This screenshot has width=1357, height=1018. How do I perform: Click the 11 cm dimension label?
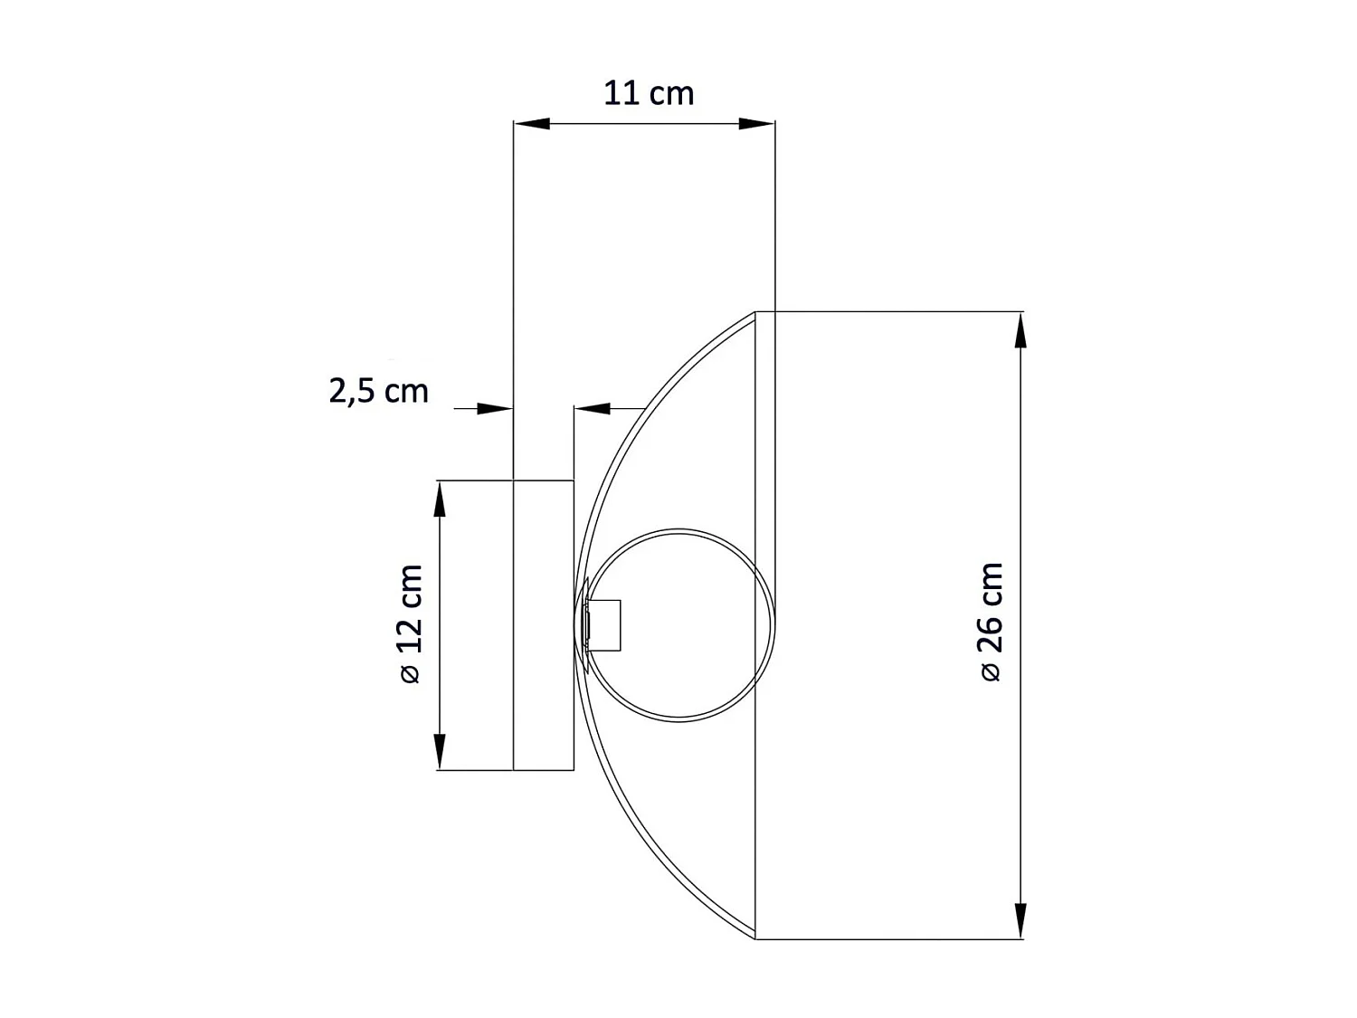[x=649, y=93]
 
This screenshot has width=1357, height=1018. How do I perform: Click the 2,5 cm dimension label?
[x=378, y=391]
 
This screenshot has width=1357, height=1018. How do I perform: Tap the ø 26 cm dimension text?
[x=992, y=621]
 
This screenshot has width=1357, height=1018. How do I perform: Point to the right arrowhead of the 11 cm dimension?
[x=757, y=124]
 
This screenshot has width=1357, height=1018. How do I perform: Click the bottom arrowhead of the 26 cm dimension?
[x=1021, y=920]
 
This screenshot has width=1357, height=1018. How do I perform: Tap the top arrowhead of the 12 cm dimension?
[x=440, y=499]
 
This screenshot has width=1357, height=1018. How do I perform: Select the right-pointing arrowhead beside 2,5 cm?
[x=496, y=409]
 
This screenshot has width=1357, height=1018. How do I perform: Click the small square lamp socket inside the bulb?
[x=604, y=625]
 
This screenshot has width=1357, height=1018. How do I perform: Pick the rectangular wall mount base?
[x=544, y=624]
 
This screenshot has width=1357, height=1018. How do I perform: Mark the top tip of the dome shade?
[x=755, y=313]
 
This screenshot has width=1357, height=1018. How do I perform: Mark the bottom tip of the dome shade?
[x=755, y=937]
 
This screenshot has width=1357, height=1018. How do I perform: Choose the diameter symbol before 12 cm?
[x=411, y=673]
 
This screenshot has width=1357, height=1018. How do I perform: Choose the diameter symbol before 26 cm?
[x=992, y=671]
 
